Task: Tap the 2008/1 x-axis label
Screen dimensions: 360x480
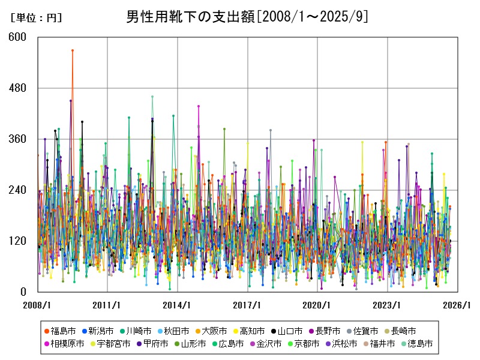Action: [x=37, y=305]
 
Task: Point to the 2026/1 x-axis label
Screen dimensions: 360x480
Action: [x=457, y=305]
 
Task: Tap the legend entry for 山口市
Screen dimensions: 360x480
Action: [x=289, y=331]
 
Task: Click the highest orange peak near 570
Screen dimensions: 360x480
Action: [x=73, y=50]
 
